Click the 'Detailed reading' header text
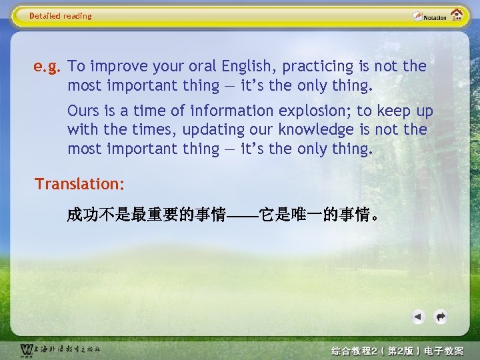(61, 16)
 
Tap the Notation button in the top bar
(429, 16)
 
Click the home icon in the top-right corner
(457, 15)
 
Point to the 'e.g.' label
(48, 66)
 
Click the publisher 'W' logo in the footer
(26, 350)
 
